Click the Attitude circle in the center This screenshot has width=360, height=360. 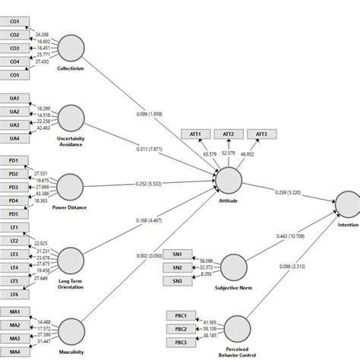tap(229, 182)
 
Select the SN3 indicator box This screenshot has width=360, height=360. tap(177, 281)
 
